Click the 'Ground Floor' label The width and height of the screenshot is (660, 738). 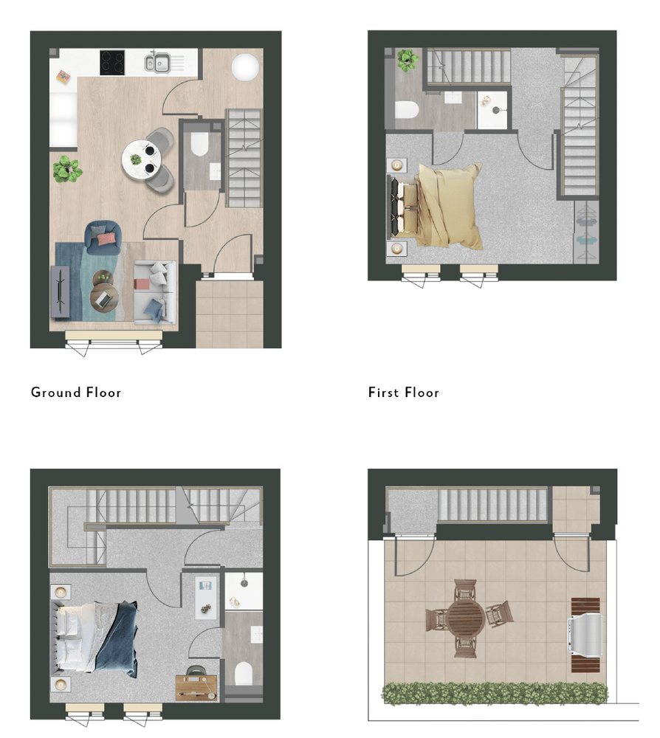(76, 392)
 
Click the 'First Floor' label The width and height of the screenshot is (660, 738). (404, 392)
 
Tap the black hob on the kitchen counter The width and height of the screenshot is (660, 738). (113, 61)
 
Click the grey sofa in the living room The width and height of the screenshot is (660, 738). (156, 292)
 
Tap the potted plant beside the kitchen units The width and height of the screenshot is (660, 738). (66, 169)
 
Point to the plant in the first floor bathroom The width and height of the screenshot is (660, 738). (407, 60)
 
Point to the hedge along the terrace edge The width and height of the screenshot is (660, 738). (495, 693)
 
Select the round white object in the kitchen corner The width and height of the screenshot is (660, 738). (244, 67)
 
